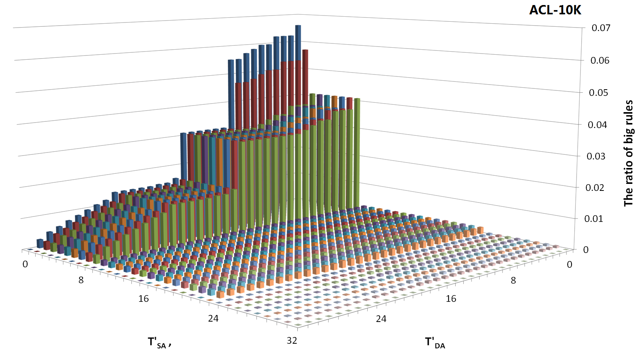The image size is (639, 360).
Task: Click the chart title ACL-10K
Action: point(555,10)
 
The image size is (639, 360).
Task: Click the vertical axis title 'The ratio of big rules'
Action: point(629,153)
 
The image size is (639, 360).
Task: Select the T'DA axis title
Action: point(435,343)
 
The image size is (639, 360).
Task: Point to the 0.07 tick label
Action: point(601,28)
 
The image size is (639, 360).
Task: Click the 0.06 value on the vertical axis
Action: point(600,61)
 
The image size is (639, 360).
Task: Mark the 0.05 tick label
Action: point(599,93)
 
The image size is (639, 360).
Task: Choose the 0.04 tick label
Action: point(598,125)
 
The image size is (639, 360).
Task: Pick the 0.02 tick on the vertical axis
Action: point(595,188)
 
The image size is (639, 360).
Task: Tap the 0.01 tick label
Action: point(594,219)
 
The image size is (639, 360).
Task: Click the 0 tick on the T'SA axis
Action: point(25,265)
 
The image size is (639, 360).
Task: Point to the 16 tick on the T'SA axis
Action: point(143,299)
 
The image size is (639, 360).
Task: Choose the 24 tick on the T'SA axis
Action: point(213,319)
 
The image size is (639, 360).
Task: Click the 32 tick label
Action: point(292,341)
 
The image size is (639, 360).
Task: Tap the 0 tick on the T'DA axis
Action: point(569,265)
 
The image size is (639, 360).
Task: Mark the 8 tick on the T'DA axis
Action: point(513,280)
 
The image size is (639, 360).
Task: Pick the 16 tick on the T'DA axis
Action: point(451,299)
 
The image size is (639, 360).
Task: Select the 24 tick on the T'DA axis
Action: point(381,319)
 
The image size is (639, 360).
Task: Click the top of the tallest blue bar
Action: point(298,26)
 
